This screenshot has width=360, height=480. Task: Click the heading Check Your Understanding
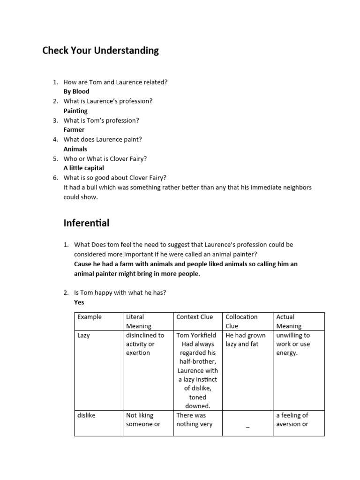[x=100, y=51]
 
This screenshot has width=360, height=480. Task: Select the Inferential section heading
[x=86, y=223]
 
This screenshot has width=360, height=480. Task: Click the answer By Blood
[x=76, y=91]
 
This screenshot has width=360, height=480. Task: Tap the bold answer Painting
[x=75, y=111]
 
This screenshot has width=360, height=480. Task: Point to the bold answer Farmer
[x=74, y=130]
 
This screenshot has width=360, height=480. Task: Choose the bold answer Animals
[x=75, y=149]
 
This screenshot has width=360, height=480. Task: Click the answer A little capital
[x=84, y=168]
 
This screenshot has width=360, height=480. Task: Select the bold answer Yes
[x=79, y=302]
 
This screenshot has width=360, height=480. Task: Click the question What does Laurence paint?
[x=103, y=139]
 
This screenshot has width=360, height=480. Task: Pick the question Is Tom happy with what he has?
[x=120, y=292]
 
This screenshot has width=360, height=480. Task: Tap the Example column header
[x=90, y=317]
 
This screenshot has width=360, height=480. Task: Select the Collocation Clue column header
[x=241, y=321]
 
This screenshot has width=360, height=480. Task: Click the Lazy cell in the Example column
[x=84, y=335]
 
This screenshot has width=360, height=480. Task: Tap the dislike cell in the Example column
[x=86, y=415]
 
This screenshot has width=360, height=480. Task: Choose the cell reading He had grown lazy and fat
[x=246, y=340]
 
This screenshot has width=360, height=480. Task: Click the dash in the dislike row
[x=247, y=425]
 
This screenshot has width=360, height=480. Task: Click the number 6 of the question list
[x=55, y=178]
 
